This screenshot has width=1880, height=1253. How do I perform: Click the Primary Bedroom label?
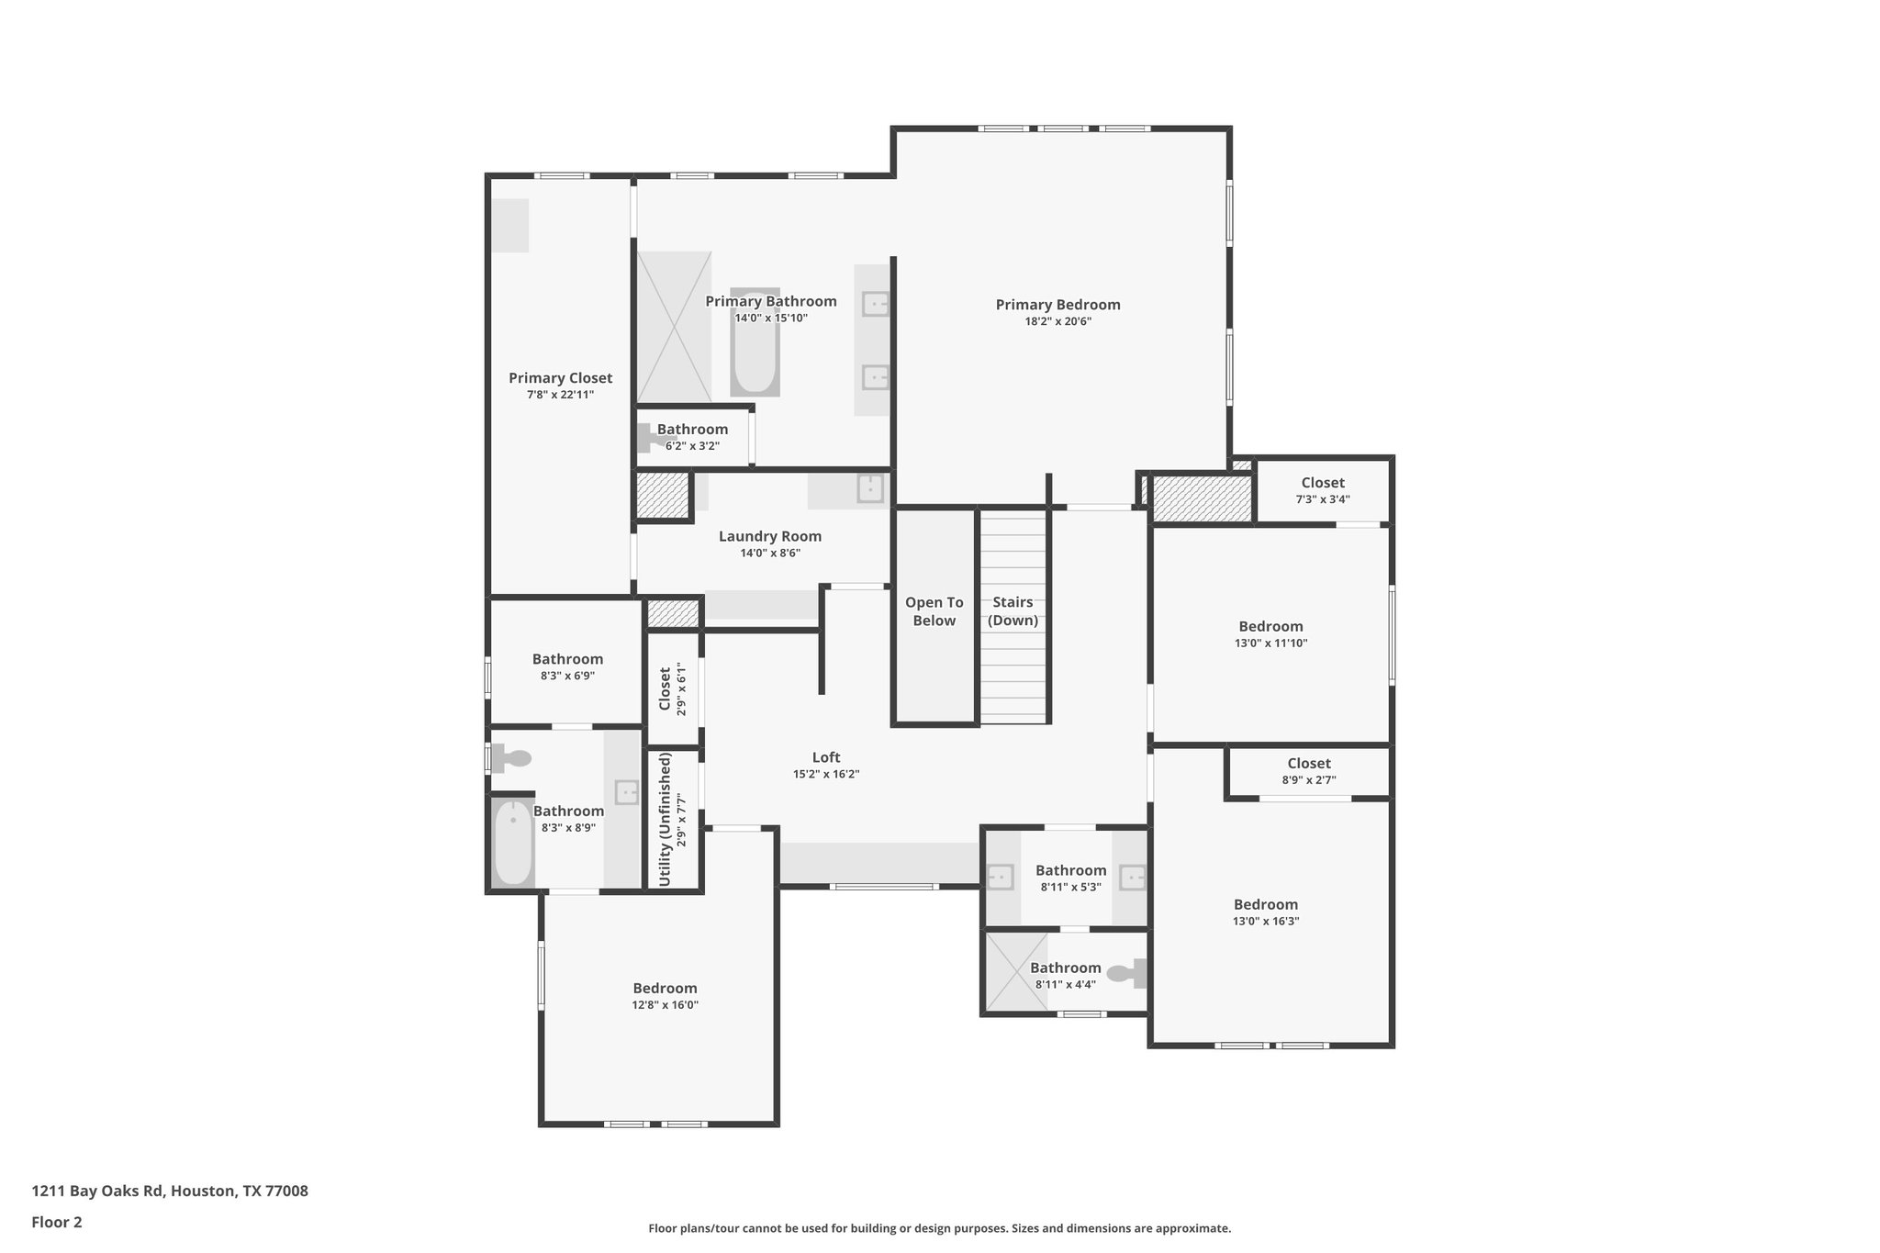click(1057, 305)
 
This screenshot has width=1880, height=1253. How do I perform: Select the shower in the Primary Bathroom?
click(674, 326)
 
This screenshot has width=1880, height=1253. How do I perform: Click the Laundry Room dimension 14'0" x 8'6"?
click(770, 554)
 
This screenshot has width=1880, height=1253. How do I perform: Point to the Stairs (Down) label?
click(1013, 611)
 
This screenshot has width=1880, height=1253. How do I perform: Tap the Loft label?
click(825, 757)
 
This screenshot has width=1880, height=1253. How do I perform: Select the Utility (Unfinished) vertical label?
click(666, 819)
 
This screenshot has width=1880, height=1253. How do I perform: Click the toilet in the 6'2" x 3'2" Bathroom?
click(650, 437)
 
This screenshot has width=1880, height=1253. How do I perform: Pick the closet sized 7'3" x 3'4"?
click(1322, 491)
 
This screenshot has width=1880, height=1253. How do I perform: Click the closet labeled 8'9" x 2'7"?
click(1308, 771)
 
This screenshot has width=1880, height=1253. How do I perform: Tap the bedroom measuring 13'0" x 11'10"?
click(1270, 634)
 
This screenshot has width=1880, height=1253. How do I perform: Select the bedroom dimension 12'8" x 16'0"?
click(665, 1005)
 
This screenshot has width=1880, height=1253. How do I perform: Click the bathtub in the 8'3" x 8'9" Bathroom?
click(512, 843)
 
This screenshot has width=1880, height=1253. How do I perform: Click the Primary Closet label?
click(560, 378)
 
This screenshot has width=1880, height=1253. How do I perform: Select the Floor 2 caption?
click(57, 1222)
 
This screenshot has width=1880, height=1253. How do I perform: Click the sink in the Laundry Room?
click(869, 487)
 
